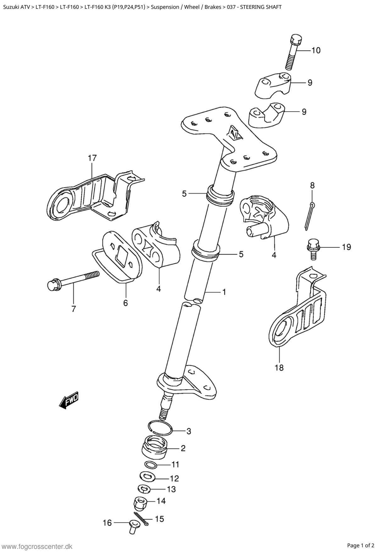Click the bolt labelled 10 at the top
click(294, 52)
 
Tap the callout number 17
click(92, 158)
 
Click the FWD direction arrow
click(69, 400)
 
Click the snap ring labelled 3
click(160, 428)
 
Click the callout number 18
click(279, 367)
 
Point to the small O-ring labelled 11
click(151, 465)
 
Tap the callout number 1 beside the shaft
click(224, 292)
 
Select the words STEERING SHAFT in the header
click(261, 7)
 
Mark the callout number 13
click(171, 489)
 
